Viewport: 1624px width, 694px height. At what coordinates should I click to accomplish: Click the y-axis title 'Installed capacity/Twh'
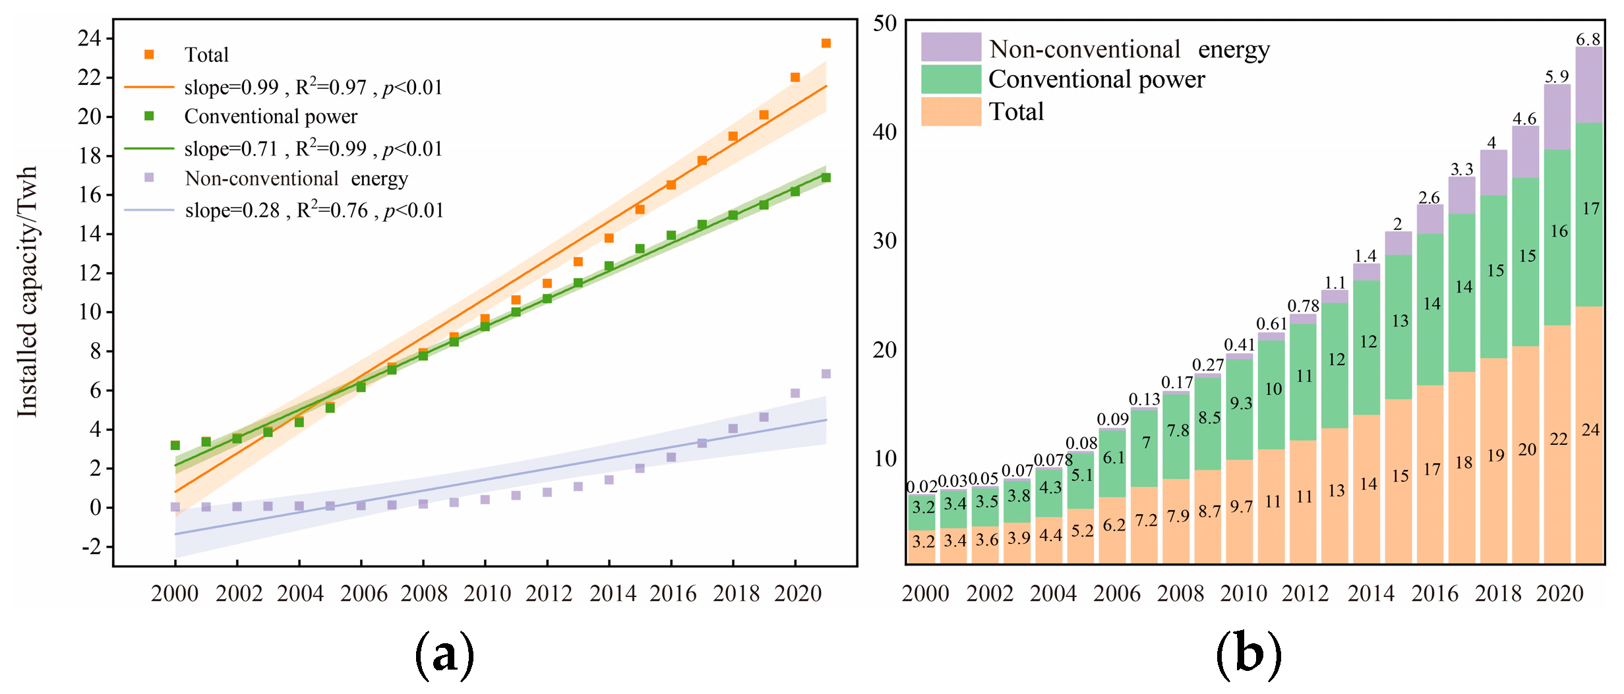point(28,291)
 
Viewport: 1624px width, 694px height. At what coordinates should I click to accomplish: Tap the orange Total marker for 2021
point(826,43)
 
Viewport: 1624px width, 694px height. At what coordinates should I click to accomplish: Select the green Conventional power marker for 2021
point(826,178)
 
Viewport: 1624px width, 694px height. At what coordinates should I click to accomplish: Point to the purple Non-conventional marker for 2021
point(826,374)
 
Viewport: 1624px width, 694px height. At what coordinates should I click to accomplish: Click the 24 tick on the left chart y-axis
point(90,38)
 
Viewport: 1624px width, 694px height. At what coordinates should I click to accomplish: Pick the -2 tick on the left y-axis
point(92,546)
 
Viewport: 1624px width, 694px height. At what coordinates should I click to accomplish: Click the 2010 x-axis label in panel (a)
point(487,594)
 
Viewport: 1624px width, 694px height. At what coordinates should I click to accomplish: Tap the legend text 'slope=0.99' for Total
point(231,88)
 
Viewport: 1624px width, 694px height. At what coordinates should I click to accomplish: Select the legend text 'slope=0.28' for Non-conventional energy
point(233,211)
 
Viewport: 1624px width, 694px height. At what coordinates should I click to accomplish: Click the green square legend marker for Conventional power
point(149,116)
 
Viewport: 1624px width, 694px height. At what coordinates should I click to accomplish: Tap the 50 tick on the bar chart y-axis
point(886,24)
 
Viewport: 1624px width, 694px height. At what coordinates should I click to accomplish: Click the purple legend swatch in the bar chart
point(951,47)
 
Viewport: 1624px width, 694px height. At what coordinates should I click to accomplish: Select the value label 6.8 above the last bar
point(1588,40)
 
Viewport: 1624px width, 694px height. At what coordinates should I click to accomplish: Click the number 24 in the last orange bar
point(1590,430)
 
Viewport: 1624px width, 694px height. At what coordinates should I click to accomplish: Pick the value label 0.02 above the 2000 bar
point(922,487)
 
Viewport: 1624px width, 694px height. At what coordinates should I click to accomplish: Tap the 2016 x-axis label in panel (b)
point(1435,594)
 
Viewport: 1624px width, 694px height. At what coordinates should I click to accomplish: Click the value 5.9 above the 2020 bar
point(1557,76)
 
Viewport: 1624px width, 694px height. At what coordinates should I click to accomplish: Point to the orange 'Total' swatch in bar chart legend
point(951,111)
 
